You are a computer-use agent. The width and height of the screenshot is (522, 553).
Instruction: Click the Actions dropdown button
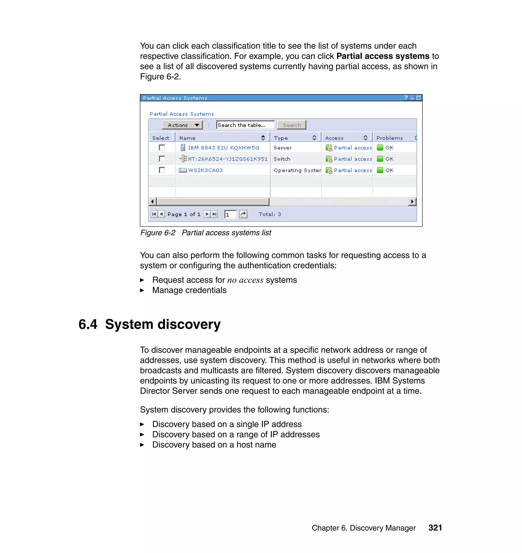[182, 125]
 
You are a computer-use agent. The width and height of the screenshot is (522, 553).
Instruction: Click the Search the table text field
[245, 125]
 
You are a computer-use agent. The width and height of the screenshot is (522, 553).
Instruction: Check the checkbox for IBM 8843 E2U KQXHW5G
[162, 148]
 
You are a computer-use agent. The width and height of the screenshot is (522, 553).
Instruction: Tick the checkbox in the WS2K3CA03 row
[162, 170]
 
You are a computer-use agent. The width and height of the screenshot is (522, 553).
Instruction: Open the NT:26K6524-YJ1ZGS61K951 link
[227, 159]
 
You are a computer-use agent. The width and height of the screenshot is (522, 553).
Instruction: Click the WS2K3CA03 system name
[205, 170]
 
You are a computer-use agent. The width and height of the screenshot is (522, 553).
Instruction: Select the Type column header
[281, 138]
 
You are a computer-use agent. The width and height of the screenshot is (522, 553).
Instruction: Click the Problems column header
[389, 138]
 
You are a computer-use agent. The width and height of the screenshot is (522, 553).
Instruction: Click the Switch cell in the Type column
[282, 159]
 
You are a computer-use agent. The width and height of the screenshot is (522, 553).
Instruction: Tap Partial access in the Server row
[353, 148]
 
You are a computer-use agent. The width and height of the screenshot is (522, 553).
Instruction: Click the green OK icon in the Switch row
[380, 159]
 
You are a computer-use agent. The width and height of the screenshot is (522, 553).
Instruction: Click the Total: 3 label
[270, 214]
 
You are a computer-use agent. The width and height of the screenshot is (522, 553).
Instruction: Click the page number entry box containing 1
[230, 215]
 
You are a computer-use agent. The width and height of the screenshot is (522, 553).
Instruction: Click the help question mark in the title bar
[406, 98]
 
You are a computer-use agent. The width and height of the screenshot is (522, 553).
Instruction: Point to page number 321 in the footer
[435, 528]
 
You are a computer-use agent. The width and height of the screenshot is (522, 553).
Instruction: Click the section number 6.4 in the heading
[88, 324]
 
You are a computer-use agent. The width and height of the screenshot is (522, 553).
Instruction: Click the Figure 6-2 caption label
[158, 233]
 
